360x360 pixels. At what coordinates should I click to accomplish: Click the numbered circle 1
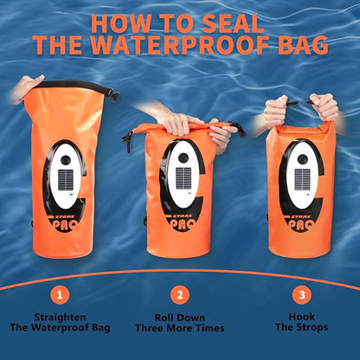pos(60,295)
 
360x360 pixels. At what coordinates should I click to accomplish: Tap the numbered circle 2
pos(180,295)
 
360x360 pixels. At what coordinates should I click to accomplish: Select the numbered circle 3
pos(302,295)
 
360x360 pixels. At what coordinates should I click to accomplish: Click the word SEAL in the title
pos(233,23)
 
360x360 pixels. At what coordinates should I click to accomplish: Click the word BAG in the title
pos(303,45)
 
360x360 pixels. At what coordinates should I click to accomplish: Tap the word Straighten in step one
pos(60,318)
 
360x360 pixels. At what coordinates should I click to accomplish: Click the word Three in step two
pos(150,328)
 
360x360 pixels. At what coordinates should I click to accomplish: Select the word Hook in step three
pos(302,317)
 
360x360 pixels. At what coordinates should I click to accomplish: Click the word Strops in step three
pos(312,327)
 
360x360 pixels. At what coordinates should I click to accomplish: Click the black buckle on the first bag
pos(113,94)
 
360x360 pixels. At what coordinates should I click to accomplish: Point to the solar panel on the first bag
pos(66,180)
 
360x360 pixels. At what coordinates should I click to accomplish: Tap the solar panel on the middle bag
pos(183,178)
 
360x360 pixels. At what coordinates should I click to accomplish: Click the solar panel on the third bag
pos(302,179)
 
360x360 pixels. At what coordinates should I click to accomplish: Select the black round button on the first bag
pos(66,159)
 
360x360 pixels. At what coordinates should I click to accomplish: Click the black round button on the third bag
pos(303,159)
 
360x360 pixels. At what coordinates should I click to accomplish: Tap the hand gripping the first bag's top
pos(27,89)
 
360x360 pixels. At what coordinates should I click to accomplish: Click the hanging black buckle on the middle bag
pos(127,141)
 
